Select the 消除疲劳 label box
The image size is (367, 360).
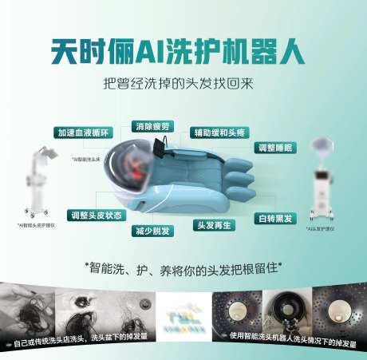pos(154,126)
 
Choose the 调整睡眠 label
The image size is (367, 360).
pos(274,148)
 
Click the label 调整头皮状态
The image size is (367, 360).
pos(97,216)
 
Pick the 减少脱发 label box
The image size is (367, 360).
pos(152,231)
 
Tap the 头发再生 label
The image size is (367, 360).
pos(215,224)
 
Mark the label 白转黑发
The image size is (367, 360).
pos(273,218)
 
